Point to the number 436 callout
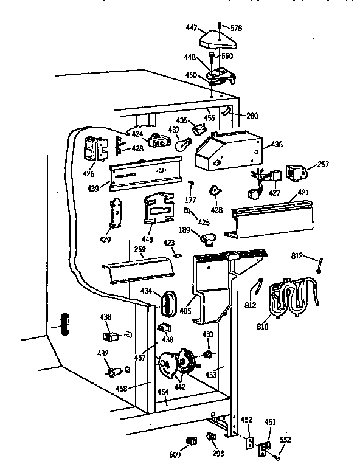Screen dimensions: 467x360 click(277, 144)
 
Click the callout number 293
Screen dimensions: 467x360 click(217, 454)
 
